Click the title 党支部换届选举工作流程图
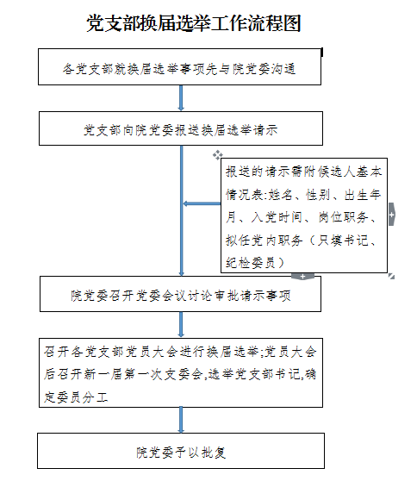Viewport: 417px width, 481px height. pyautogui.click(x=194, y=23)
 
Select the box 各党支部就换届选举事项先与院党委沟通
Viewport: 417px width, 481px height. pyautogui.click(x=180, y=66)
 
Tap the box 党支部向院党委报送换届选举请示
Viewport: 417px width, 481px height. pyautogui.click(x=181, y=128)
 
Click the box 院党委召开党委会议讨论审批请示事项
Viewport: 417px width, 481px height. pyautogui.click(x=181, y=294)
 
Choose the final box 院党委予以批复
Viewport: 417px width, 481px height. pyautogui.click(x=181, y=451)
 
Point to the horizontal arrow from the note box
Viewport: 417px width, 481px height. pyautogui.click(x=202, y=203)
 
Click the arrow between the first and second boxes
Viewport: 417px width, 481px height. pyautogui.click(x=181, y=98)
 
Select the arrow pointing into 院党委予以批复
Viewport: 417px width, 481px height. pyautogui.click(x=181, y=421)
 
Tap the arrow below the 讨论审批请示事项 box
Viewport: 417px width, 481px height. pyautogui.click(x=181, y=325)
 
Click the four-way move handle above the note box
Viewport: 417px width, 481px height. pyautogui.click(x=218, y=155)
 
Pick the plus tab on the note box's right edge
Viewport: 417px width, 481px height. pyautogui.click(x=391, y=215)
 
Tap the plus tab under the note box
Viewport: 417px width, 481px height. pyautogui.click(x=302, y=277)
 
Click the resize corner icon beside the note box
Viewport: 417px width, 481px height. pyautogui.click(x=391, y=276)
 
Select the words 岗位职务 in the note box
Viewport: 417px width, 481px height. pyautogui.click(x=343, y=217)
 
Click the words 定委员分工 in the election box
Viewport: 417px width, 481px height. pyautogui.click(x=76, y=397)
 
